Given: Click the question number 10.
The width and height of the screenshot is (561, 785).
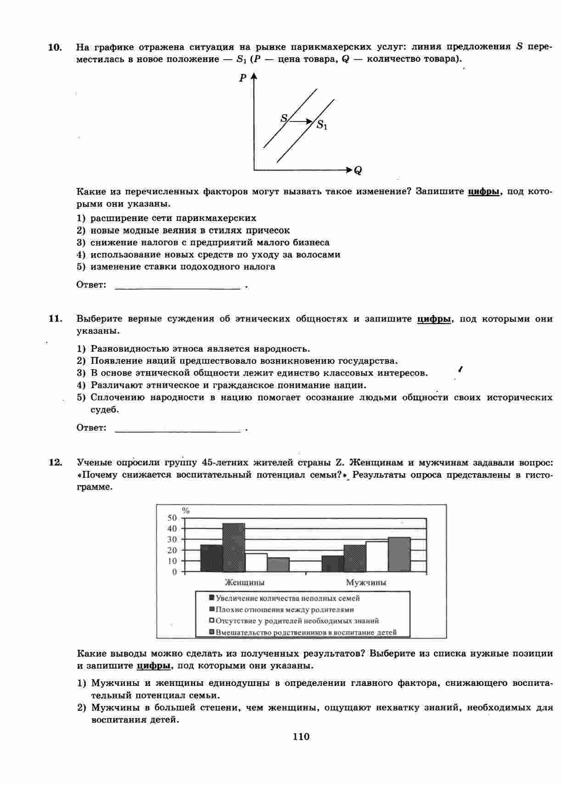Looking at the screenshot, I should pyautogui.click(x=55, y=47).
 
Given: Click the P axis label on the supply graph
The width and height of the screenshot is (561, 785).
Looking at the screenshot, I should pyautogui.click(x=242, y=78).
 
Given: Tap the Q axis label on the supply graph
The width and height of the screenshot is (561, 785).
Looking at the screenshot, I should pyautogui.click(x=358, y=171).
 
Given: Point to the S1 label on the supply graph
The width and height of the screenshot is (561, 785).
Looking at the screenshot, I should pyautogui.click(x=322, y=125).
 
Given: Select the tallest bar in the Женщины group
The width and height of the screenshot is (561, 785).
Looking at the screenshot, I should pyautogui.click(x=234, y=547).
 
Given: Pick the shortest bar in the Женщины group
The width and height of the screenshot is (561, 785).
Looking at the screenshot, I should pyautogui.click(x=278, y=564).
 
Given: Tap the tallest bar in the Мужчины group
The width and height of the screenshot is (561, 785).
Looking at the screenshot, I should pyautogui.click(x=399, y=554).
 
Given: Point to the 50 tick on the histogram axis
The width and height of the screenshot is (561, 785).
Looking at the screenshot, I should pyautogui.click(x=172, y=518).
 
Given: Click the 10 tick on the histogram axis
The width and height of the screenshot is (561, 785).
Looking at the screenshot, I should pyautogui.click(x=172, y=561).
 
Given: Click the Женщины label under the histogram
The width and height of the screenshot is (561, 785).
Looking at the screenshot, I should pyautogui.click(x=244, y=583).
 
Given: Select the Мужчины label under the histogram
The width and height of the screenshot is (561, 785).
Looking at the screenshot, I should pyautogui.click(x=366, y=583).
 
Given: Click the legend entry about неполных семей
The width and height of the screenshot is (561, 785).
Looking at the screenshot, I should pyautogui.click(x=285, y=598).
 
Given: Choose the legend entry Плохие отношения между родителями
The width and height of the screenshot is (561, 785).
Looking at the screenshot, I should pyautogui.click(x=281, y=610).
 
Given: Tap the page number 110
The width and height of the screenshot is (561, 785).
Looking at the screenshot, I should pyautogui.click(x=301, y=736).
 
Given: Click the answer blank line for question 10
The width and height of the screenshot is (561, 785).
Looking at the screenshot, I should pyautogui.click(x=177, y=288).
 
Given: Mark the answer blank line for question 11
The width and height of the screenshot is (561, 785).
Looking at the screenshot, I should pyautogui.click(x=177, y=431).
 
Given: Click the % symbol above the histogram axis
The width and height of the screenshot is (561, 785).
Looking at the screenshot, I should pyautogui.click(x=186, y=510).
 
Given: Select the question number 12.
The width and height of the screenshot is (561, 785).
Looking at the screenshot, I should pyautogui.click(x=55, y=463).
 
